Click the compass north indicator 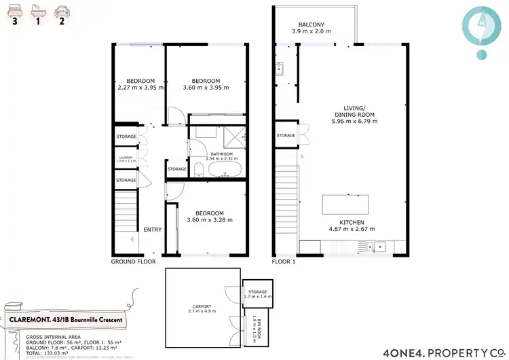(481, 23)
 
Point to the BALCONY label (310, 24)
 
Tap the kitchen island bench (345, 204)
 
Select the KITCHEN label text (352, 223)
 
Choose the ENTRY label (153, 230)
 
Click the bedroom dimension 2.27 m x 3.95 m (137, 88)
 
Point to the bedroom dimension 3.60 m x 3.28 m (210, 220)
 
